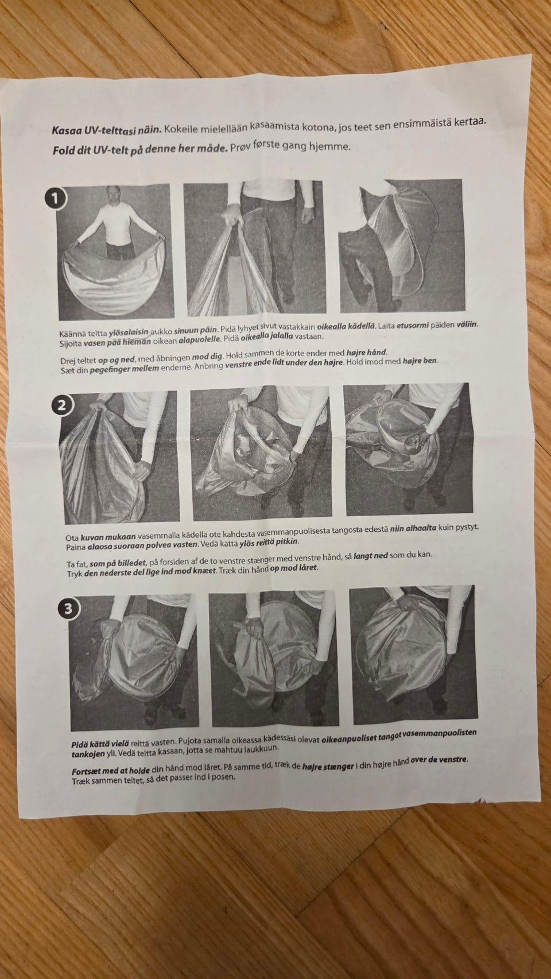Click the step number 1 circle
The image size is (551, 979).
(56, 199)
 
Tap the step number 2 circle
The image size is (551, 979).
(61, 405)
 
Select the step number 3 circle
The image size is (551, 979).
(68, 609)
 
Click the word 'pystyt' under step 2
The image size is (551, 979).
(466, 527)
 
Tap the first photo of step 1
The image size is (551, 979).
(115, 251)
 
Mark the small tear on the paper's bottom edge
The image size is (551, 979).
(482, 800)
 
